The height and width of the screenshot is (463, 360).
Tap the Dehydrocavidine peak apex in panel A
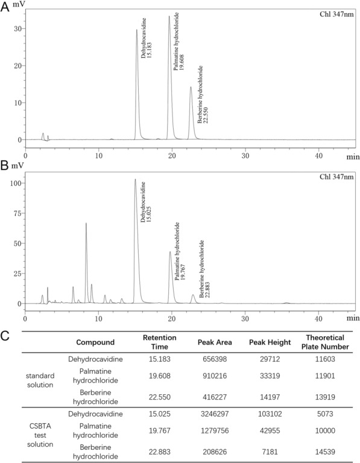pos(136,30)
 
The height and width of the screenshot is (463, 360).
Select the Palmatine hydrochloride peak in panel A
pos(169,16)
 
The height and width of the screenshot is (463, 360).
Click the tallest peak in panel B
pos(135,179)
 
